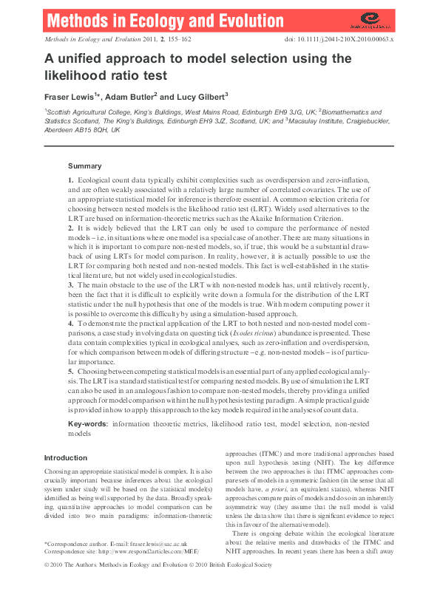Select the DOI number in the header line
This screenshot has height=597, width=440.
click(x=352, y=38)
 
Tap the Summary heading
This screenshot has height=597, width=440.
click(x=84, y=166)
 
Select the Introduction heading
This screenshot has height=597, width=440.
click(x=66, y=457)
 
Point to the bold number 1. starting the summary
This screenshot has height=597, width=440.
click(x=71, y=180)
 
